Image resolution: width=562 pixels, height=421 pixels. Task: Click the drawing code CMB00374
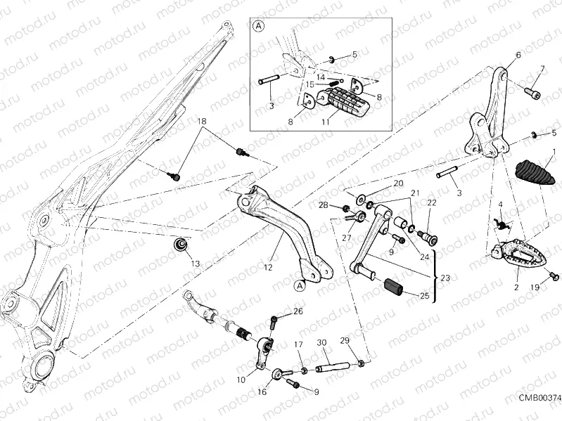pos(539,398)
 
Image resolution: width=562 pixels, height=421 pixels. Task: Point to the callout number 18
pos(203,122)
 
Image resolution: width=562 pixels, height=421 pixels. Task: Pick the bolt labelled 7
pos(533,91)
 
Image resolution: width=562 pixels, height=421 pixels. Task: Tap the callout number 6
pos(518,55)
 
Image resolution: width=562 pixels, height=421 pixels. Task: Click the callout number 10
pos(241,380)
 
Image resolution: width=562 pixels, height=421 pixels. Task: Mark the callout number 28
pos(323,205)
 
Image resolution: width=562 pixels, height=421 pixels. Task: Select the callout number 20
pos(398,183)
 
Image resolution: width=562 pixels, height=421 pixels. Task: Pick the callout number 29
pos(345,341)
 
